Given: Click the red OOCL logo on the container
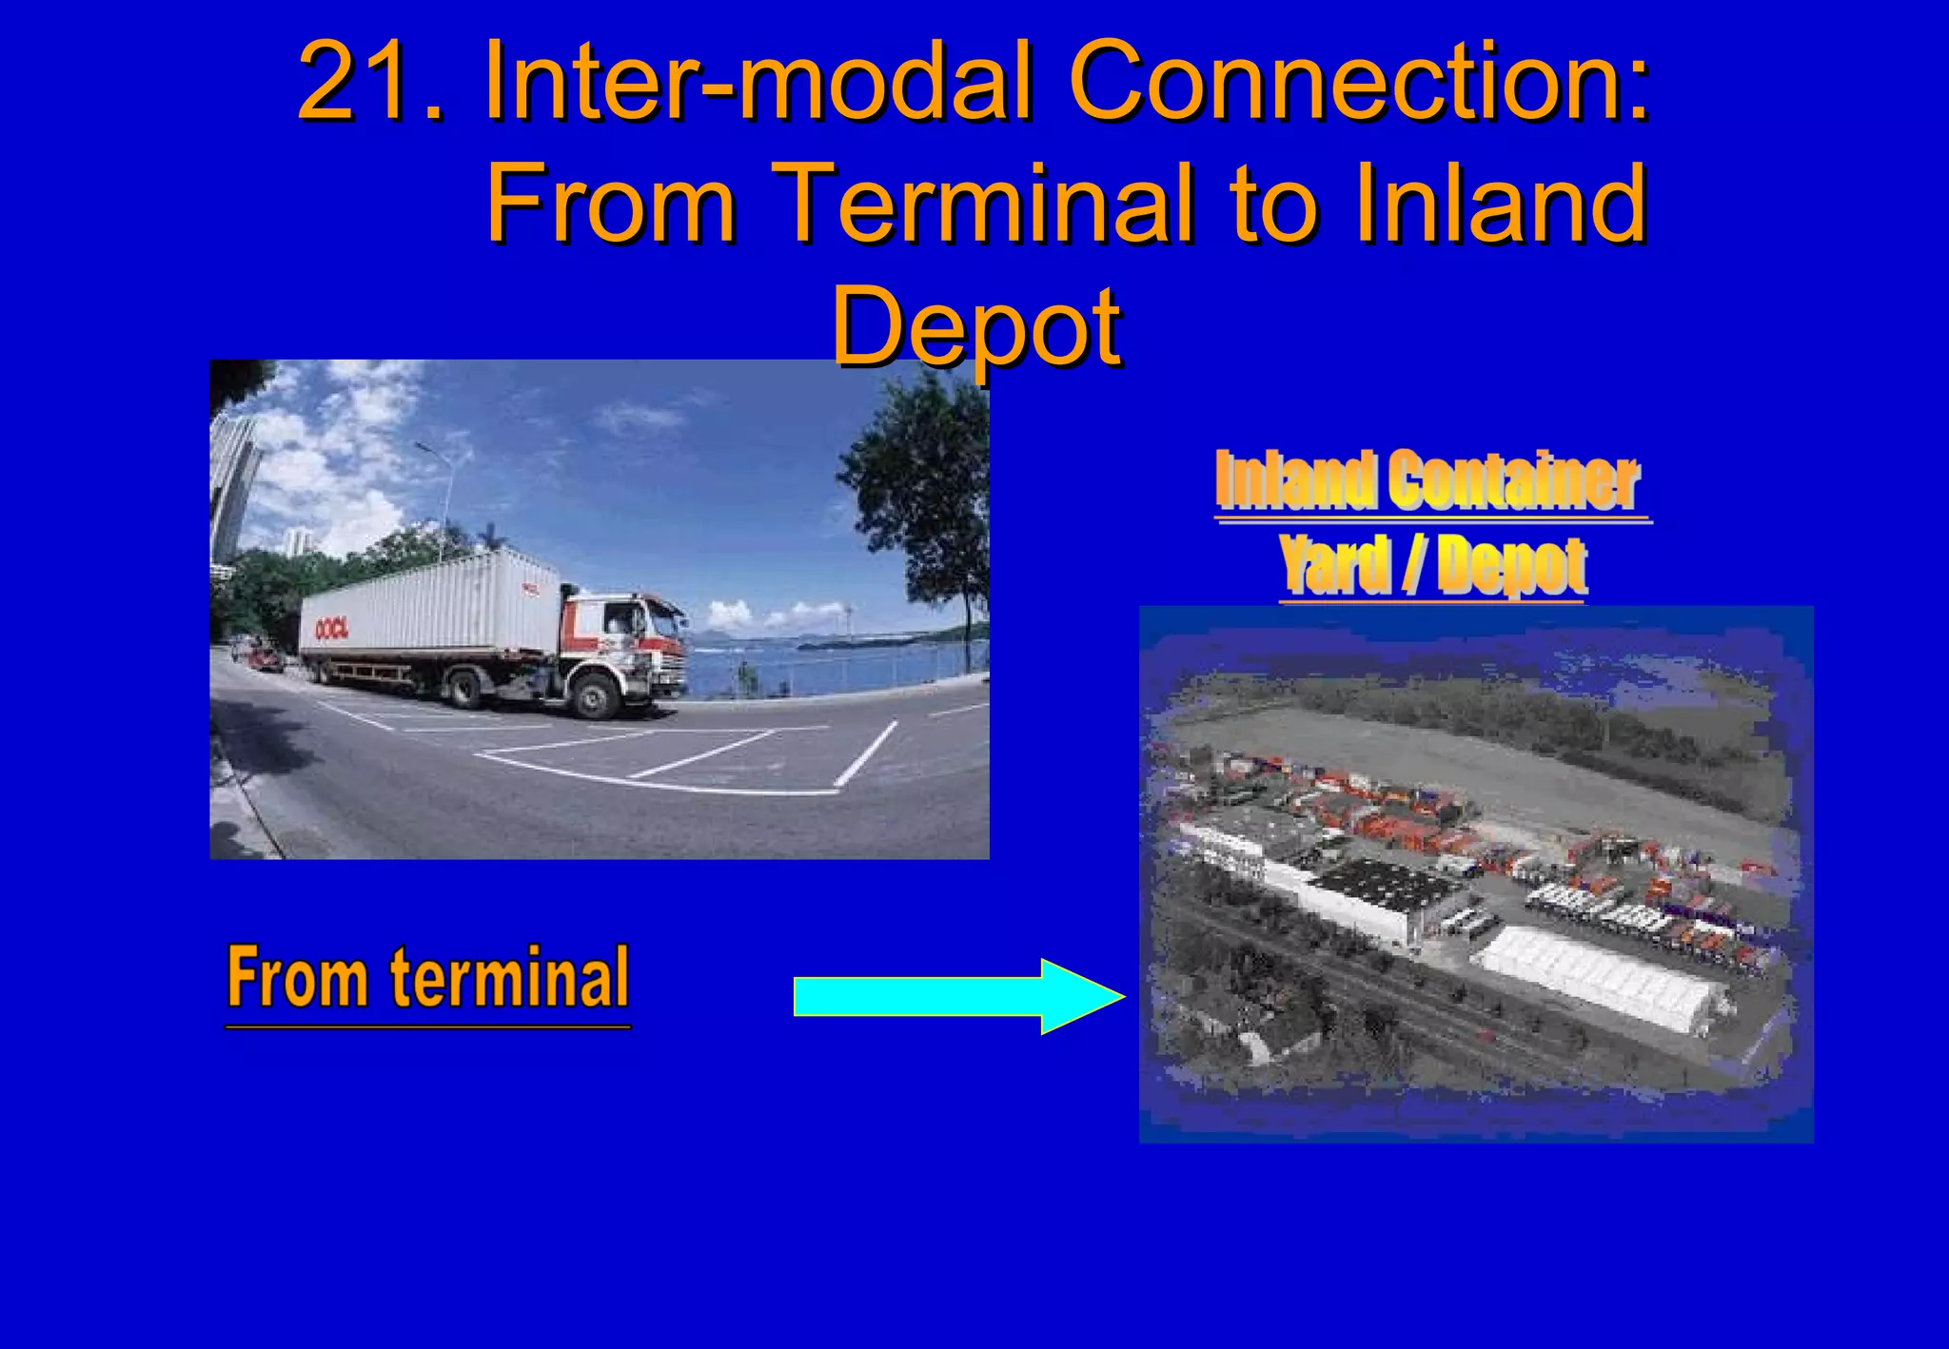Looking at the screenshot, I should click(x=332, y=628).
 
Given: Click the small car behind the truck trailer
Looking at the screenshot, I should click(x=265, y=655).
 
